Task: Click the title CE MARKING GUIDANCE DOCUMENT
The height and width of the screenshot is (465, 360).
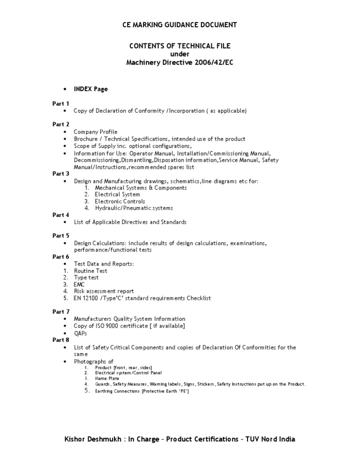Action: pyautogui.click(x=180, y=25)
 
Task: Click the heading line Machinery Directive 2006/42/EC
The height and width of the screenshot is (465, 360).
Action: pyautogui.click(x=180, y=63)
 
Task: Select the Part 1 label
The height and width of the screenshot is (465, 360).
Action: pyautogui.click(x=60, y=103)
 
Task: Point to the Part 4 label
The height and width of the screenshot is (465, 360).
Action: pyautogui.click(x=60, y=215)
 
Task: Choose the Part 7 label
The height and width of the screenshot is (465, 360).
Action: pyautogui.click(x=60, y=312)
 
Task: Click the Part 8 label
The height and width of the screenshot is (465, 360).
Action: pyautogui.click(x=60, y=340)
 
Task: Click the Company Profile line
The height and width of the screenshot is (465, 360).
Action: pyautogui.click(x=96, y=132)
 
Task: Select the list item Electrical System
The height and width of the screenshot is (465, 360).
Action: pyautogui.click(x=117, y=194)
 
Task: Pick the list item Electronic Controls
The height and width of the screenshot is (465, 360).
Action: pyautogui.click(x=120, y=201)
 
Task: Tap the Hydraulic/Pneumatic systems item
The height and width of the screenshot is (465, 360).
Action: pyautogui.click(x=134, y=208)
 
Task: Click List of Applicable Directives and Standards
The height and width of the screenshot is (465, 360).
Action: pyautogui.click(x=130, y=222)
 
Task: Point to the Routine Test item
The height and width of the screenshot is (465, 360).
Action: pyautogui.click(x=90, y=271)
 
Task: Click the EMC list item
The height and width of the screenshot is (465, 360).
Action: pyautogui.click(x=79, y=284)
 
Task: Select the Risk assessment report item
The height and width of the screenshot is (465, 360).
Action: pyautogui.click(x=104, y=291)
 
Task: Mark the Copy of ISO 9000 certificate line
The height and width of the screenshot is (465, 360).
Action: pyautogui.click(x=129, y=326)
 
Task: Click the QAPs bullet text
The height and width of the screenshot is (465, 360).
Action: pyautogui.click(x=81, y=333)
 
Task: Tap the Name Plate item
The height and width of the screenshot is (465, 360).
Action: pyautogui.click(x=107, y=378)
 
